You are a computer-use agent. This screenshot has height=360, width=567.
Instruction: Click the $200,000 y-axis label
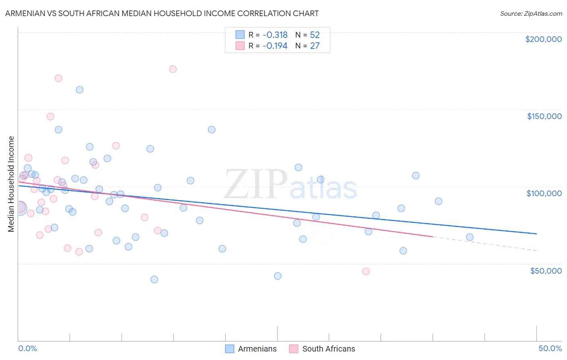[x=543, y=39]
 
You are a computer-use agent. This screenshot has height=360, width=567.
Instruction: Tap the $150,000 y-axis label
[x=544, y=116]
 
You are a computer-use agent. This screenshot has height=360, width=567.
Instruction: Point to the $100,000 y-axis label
[x=544, y=193]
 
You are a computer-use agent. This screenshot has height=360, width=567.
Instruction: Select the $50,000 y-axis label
[x=546, y=270]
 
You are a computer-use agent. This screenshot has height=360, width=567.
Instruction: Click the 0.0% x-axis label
[x=27, y=348]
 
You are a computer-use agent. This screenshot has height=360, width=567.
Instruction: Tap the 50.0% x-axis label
[x=550, y=348]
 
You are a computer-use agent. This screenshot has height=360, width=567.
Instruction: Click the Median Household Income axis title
[x=11, y=184]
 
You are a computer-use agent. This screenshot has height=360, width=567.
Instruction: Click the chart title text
[x=162, y=13]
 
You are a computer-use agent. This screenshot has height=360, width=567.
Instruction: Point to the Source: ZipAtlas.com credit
[x=531, y=13]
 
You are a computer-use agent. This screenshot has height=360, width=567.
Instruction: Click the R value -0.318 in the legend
[x=275, y=35]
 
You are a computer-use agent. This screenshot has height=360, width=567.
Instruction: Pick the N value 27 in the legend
[x=315, y=46]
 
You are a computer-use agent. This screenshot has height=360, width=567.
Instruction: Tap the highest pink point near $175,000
[x=173, y=69]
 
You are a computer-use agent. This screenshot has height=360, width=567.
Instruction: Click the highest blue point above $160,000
[x=79, y=90]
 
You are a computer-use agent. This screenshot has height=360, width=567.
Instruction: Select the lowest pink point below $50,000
[x=366, y=271]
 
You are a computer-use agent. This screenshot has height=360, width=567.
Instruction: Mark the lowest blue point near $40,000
[x=154, y=279]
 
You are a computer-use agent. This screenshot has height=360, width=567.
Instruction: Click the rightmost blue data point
[x=469, y=237]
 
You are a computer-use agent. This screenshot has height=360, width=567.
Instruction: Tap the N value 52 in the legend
[x=315, y=35]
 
